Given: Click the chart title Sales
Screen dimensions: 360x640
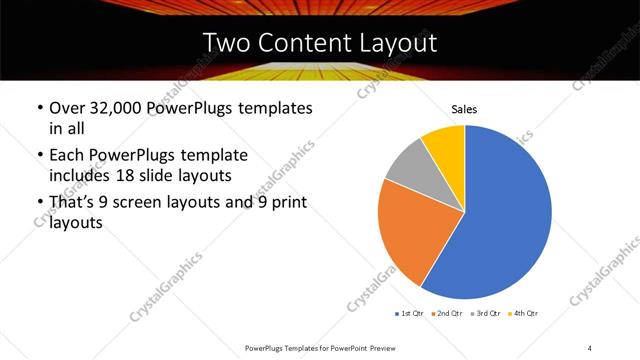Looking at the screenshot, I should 464,108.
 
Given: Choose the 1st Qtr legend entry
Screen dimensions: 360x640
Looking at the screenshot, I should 410,313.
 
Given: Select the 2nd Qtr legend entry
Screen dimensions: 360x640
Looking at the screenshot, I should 448,313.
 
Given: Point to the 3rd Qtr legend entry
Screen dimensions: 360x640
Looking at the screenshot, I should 487,313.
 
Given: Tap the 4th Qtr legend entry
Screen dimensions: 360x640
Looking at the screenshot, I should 525,313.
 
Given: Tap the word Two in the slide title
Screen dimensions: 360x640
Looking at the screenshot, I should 224,43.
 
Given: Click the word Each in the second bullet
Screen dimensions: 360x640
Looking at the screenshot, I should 66,156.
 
